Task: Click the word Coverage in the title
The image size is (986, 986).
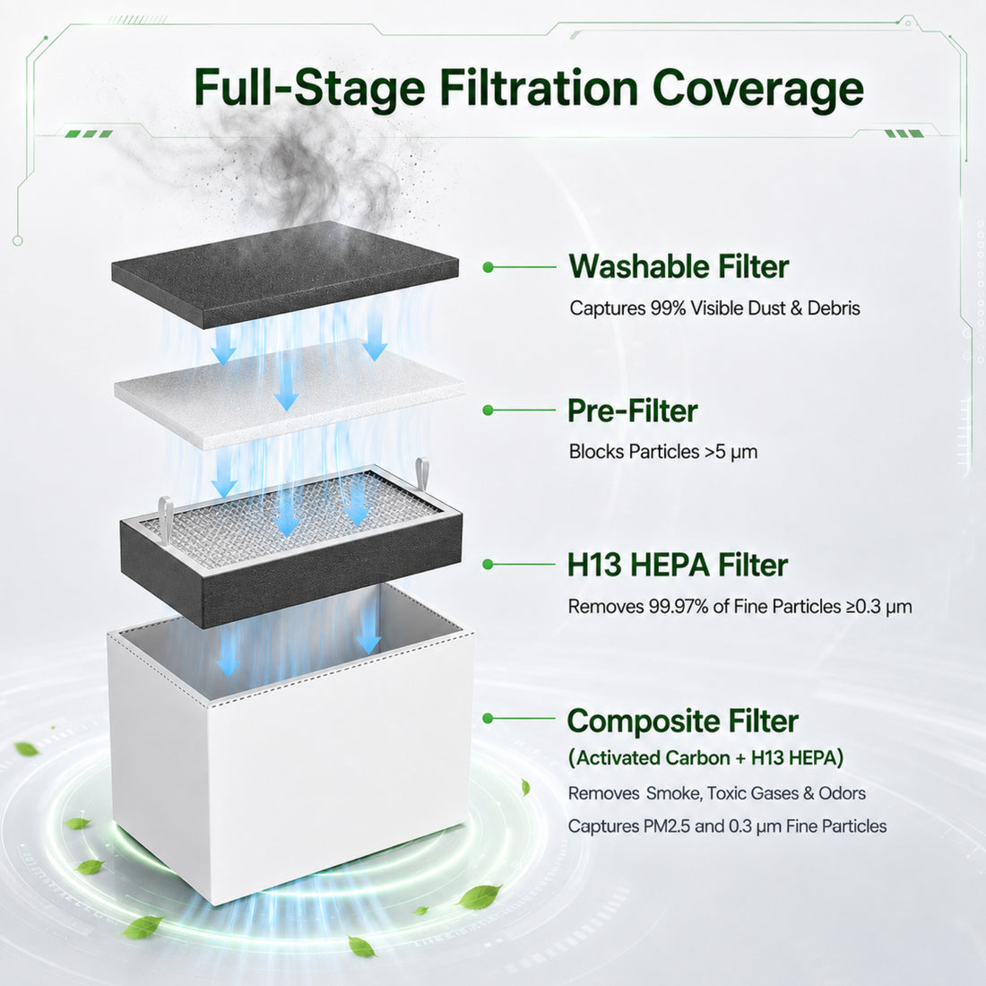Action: tap(757, 89)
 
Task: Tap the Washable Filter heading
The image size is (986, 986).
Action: tap(679, 266)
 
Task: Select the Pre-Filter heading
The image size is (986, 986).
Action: tap(633, 411)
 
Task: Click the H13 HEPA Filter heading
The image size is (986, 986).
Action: tap(678, 565)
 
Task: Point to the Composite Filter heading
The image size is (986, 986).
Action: tap(682, 721)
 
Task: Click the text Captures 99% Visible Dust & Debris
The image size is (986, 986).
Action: tap(714, 308)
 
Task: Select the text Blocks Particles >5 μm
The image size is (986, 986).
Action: tap(662, 452)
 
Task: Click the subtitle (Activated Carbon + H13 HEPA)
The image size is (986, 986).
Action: tap(705, 757)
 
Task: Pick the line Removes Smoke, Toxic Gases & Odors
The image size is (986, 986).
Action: tap(717, 793)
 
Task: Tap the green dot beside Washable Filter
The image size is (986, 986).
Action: tap(488, 267)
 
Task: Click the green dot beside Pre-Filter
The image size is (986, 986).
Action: tap(488, 410)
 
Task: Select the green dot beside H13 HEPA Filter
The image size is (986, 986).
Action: tap(488, 564)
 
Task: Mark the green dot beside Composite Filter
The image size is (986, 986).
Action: tap(488, 718)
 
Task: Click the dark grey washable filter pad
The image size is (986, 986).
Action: tap(285, 274)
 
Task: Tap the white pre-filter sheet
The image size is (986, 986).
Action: tap(290, 394)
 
